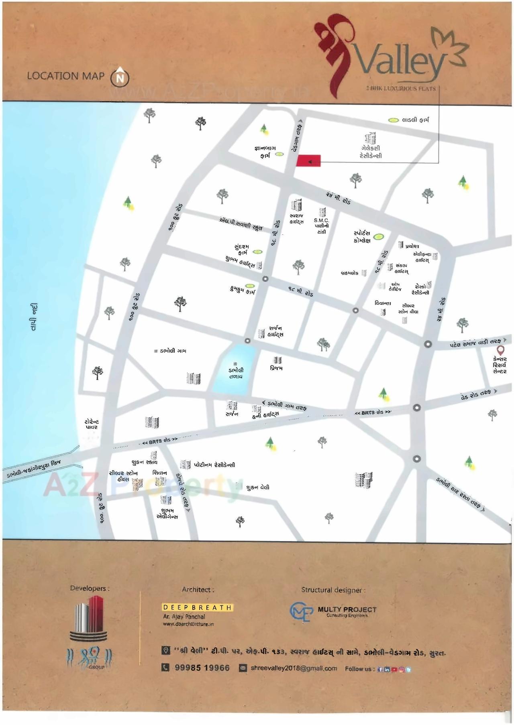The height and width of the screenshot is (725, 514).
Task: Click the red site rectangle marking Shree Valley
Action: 308,160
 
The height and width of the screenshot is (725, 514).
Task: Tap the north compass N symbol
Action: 120,77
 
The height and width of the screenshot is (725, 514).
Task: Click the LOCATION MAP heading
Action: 65,76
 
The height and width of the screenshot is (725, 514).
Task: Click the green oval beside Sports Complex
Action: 378,237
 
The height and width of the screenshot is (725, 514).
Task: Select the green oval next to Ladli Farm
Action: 394,120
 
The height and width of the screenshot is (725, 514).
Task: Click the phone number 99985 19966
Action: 202,668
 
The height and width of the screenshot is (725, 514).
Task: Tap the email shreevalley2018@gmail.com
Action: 294,668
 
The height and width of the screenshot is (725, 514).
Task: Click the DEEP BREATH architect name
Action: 197,607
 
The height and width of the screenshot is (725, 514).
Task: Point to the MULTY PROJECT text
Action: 347,609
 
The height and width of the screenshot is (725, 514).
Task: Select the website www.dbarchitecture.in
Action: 188,624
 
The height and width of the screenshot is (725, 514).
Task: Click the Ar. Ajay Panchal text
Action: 184,617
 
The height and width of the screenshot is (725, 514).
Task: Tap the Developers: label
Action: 90,589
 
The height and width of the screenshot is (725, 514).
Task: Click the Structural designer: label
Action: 333,590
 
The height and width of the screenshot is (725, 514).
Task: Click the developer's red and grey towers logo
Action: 90,618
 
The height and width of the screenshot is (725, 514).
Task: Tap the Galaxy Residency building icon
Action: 370,138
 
